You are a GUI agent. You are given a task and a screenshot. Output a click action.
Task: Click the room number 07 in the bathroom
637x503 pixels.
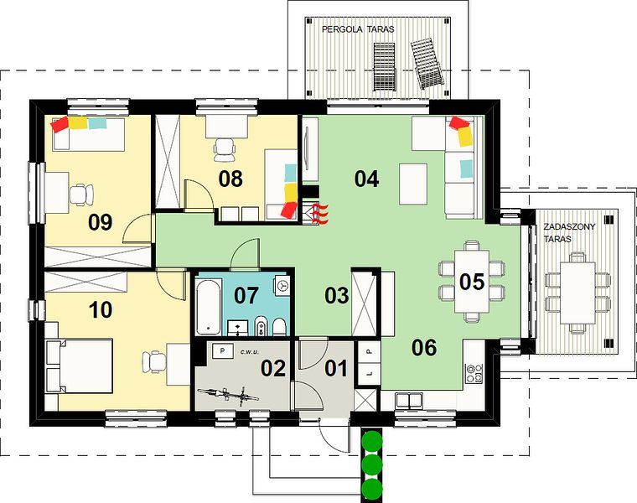point(246,295)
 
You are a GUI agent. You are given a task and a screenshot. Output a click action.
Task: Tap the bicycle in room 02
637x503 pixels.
point(229,395)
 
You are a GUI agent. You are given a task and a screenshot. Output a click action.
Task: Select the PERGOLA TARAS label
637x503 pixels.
point(358,29)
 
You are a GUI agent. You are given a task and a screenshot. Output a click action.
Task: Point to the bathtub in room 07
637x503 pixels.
point(208,306)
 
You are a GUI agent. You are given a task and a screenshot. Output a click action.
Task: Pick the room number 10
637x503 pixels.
point(101,309)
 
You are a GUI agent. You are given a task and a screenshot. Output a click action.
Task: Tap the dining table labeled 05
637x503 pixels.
point(472,281)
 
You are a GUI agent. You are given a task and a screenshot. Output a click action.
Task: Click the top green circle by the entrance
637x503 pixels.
point(372,440)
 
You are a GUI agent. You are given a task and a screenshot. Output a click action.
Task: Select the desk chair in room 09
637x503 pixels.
point(81,194)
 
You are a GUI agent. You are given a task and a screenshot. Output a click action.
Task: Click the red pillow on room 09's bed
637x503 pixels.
point(59,123)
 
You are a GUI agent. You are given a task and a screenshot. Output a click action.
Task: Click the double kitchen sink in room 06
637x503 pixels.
point(409,400)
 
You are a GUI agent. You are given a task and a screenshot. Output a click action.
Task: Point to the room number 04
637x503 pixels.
point(366,179)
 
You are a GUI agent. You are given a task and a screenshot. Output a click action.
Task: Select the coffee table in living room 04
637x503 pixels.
point(413,184)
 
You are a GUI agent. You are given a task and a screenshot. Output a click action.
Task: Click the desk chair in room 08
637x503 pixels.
point(225,148)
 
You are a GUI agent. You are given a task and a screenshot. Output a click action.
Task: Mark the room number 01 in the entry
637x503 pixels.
point(336,369)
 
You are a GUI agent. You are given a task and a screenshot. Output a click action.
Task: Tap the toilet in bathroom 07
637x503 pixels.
point(278,326)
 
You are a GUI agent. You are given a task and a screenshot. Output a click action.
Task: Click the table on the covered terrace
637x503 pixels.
point(577,293)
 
